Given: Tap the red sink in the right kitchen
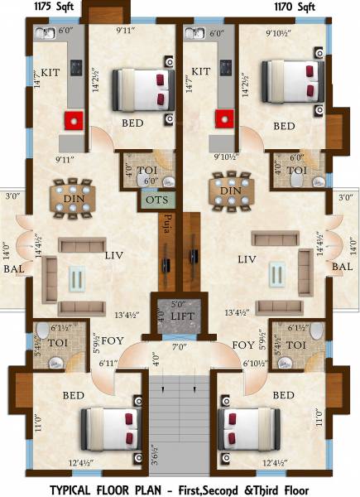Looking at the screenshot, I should click(x=223, y=119).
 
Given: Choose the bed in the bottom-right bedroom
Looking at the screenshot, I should click(x=247, y=432).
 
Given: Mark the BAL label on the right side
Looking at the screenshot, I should click(x=341, y=267).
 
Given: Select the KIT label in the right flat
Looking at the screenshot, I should click(x=201, y=71).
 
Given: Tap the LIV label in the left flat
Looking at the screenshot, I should click(x=115, y=257).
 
